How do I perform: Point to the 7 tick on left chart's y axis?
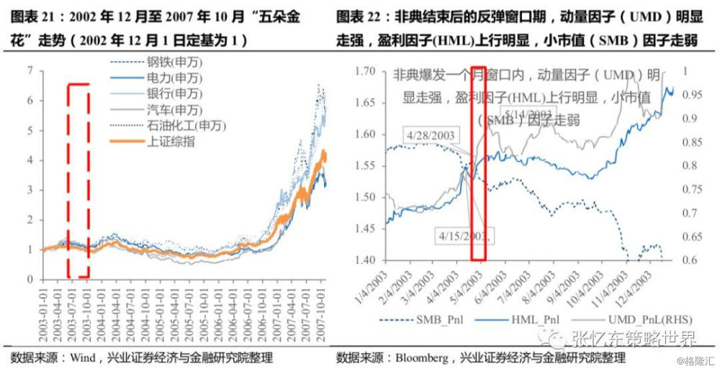[x=29, y=70]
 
